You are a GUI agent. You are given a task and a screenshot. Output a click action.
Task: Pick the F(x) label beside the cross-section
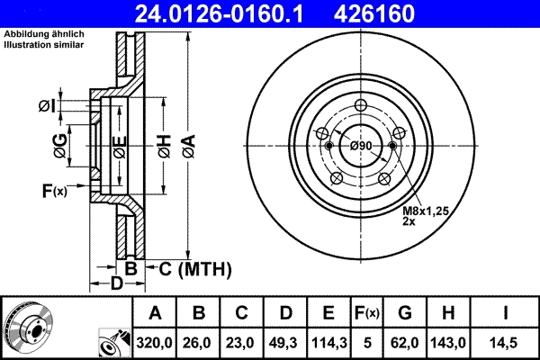(x=53, y=190)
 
